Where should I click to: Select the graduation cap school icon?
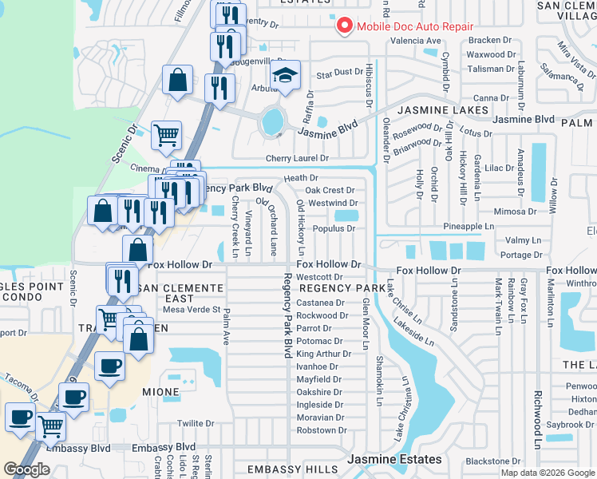(x=285, y=76)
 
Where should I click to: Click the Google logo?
(x=26, y=469)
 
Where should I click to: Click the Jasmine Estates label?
(x=394, y=459)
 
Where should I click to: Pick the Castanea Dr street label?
(x=320, y=303)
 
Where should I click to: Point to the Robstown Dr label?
(x=318, y=430)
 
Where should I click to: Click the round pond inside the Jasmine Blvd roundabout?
(x=272, y=122)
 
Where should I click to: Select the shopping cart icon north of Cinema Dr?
(x=166, y=135)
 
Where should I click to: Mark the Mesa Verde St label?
(x=192, y=310)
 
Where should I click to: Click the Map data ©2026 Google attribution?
(x=547, y=472)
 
